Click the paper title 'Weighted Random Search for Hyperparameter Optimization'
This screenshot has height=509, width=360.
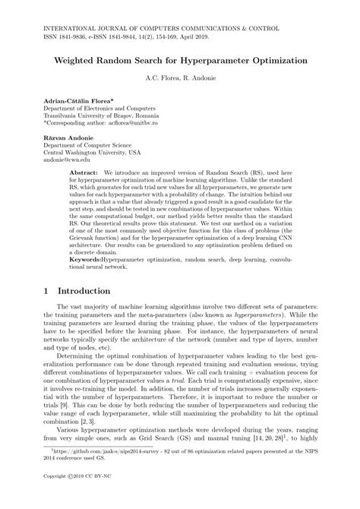pos(180,58)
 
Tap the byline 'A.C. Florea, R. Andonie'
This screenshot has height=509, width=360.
pos(180,77)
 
